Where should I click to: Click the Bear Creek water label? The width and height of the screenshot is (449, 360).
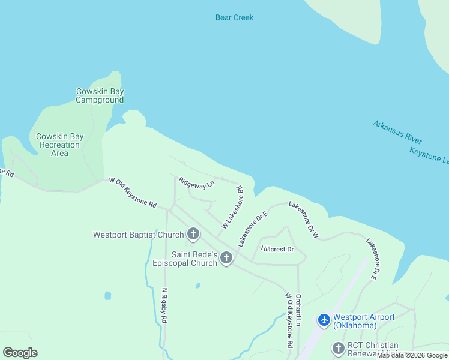(234, 17)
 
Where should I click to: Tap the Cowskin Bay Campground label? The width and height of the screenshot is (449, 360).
(100, 96)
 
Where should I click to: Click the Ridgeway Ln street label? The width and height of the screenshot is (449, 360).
(196, 182)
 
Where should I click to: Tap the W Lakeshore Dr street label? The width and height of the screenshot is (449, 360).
(232, 207)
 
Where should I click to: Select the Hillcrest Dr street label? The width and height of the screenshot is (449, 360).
(277, 249)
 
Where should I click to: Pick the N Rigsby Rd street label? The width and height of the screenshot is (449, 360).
(164, 306)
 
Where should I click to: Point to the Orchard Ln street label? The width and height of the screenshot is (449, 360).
(298, 310)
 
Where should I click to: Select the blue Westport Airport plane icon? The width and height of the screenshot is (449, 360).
(324, 320)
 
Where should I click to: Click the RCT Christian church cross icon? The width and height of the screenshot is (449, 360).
(339, 347)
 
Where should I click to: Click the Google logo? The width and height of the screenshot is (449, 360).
(20, 353)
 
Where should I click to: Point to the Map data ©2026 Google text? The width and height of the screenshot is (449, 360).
(412, 356)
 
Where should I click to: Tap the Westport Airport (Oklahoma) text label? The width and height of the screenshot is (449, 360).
(364, 321)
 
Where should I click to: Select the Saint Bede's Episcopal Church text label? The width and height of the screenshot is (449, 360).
(194, 259)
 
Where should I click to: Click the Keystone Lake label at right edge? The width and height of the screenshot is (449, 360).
(429, 155)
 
